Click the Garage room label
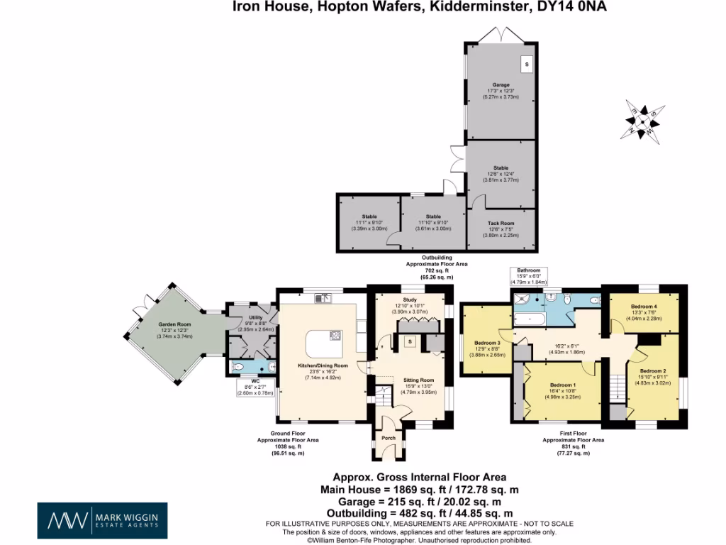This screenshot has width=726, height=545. coord(501,85)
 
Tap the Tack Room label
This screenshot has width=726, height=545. coord(501,223)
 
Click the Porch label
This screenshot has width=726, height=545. coord(389,438)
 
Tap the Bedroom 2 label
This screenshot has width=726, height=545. coord(653,371)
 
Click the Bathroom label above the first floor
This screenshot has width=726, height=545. coord(528,271)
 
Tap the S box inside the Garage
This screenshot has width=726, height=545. coord(526,63)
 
